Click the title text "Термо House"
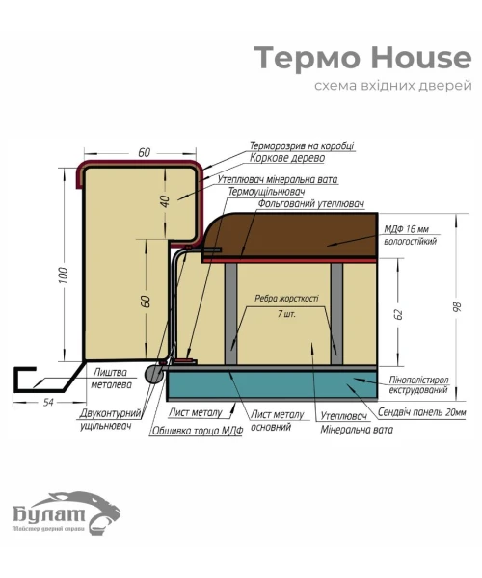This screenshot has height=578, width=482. (x=362, y=58)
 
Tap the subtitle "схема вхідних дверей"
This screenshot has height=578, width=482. (x=393, y=86)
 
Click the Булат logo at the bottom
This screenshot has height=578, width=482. (x=67, y=512)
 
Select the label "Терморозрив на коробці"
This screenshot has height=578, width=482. (x=302, y=145)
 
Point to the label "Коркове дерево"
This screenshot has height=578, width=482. (x=287, y=158)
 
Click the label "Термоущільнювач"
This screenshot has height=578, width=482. (x=266, y=192)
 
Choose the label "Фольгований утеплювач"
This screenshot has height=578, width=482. (x=311, y=203)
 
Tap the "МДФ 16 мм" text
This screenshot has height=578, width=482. (x=407, y=229)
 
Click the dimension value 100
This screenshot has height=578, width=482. (x=63, y=276)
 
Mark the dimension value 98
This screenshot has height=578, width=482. (x=456, y=306)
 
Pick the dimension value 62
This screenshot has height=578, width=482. (x=398, y=314)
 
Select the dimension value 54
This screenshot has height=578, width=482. (x=48, y=402)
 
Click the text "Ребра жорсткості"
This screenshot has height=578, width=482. (x=286, y=298)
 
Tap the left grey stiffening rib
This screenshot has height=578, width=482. (x=230, y=314)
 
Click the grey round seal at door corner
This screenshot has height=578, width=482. (x=154, y=374)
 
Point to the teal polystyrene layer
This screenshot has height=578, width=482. (x=272, y=384)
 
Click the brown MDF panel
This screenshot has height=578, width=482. (x=290, y=235)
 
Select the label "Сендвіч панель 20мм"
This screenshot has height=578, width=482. (x=422, y=412)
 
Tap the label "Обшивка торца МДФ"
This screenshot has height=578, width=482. (x=198, y=431)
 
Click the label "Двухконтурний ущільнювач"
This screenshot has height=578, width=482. (x=111, y=420)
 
